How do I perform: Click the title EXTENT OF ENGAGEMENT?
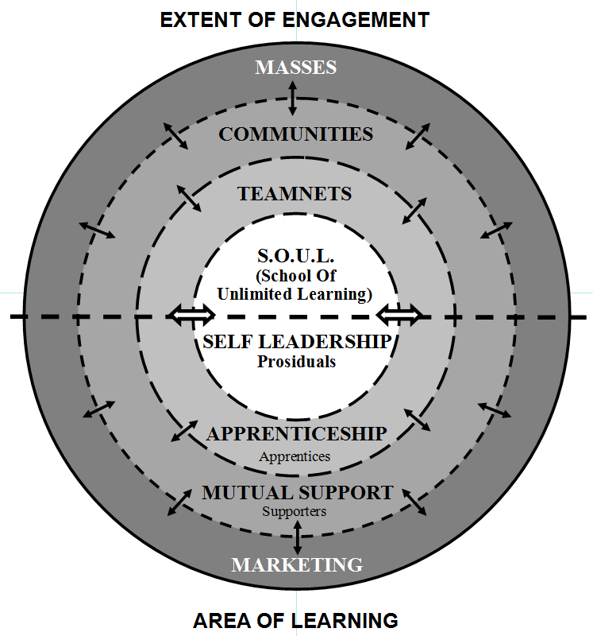pyautogui.click(x=295, y=20)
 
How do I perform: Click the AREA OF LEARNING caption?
pyautogui.click(x=295, y=619)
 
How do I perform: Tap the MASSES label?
pyautogui.click(x=295, y=67)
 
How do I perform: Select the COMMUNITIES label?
pyautogui.click(x=295, y=134)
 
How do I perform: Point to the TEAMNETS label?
pyautogui.click(x=295, y=193)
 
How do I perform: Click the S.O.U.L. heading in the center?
pyautogui.click(x=295, y=257)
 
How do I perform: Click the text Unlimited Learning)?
pyautogui.click(x=295, y=294)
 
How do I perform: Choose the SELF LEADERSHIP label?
pyautogui.click(x=296, y=342)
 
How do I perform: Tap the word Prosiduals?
pyautogui.click(x=296, y=362)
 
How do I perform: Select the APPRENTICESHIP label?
pyautogui.click(x=296, y=434)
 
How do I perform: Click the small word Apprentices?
pyautogui.click(x=295, y=456)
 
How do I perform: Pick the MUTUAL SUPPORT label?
pyautogui.click(x=297, y=493)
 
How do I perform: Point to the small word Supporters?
pyautogui.click(x=295, y=511)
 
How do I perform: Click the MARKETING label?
pyautogui.click(x=297, y=565)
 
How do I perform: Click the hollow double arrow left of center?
pyautogui.click(x=191, y=316)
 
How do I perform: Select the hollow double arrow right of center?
pyautogui.click(x=399, y=316)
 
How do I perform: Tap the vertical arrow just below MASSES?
pyautogui.click(x=293, y=98)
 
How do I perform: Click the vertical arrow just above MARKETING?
pyautogui.click(x=298, y=537)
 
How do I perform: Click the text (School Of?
pyautogui.click(x=295, y=276)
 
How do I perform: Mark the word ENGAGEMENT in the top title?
pyautogui.click(x=359, y=20)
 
